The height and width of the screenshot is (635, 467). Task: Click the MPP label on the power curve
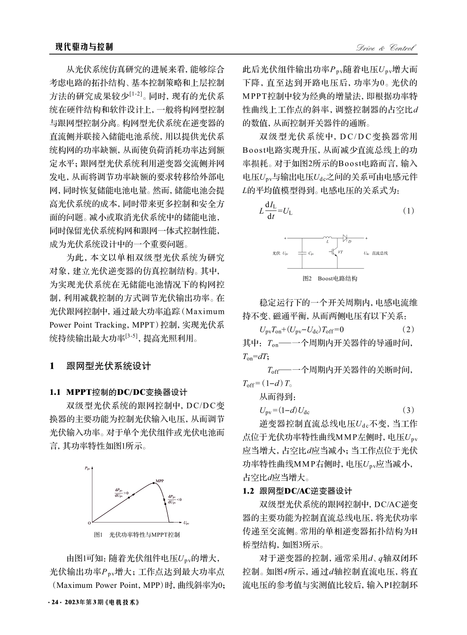160,480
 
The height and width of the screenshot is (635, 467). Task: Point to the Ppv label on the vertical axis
88,468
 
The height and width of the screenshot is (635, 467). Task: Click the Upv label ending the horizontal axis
187,523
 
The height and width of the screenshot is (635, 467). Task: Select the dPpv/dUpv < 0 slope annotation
175,499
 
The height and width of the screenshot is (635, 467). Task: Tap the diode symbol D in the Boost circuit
345,238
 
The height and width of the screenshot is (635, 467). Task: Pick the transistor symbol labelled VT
337,252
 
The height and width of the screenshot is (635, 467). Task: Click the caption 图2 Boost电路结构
330,278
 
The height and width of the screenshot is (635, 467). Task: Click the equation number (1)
409,210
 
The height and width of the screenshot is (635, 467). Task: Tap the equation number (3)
409,409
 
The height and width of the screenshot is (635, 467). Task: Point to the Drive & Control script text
386,48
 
